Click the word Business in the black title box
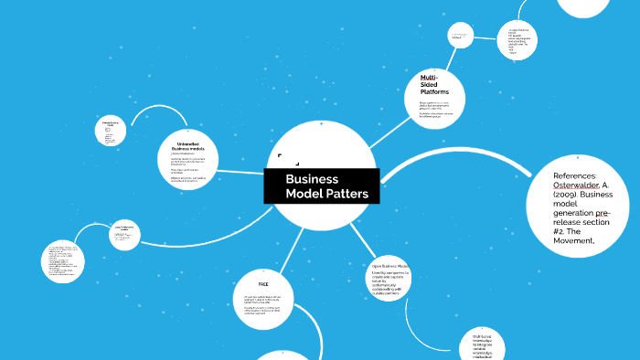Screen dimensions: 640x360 coord(311,179)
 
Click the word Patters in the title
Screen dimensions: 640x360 coord(347,194)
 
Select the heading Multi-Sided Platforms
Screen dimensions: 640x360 coord(434,83)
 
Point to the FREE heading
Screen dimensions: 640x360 coord(262,284)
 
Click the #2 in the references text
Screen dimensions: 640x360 coord(561,229)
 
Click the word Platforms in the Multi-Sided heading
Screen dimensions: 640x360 coord(434,92)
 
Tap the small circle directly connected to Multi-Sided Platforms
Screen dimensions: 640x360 coord(460,36)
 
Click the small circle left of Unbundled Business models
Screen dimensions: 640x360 coord(111,133)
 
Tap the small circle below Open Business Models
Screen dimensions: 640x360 coord(481,342)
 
